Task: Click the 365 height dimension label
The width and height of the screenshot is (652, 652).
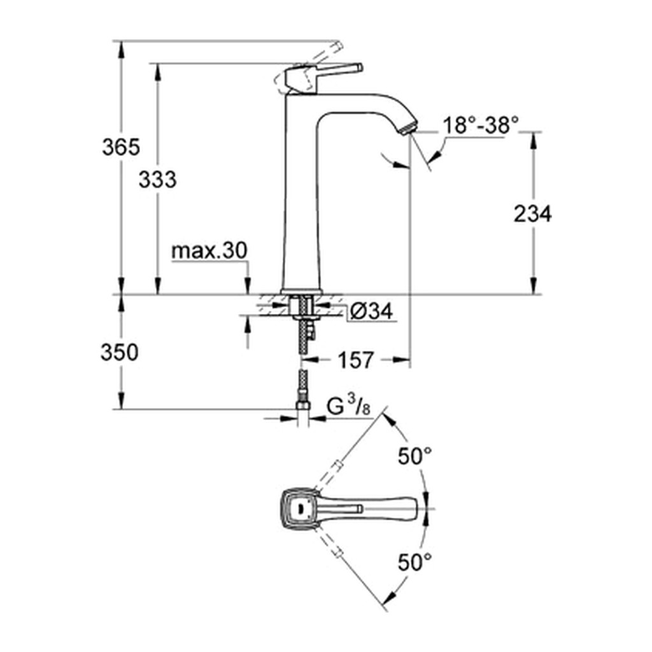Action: (121, 147)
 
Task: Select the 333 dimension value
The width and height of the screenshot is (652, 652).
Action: (158, 180)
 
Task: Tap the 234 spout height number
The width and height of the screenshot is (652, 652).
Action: (532, 214)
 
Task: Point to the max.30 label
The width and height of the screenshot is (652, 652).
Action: (209, 251)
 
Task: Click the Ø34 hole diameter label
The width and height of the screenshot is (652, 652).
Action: (371, 311)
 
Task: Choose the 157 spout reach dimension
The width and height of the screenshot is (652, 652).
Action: (356, 360)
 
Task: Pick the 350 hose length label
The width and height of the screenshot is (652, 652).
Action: (119, 353)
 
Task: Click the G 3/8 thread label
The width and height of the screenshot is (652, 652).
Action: (348, 406)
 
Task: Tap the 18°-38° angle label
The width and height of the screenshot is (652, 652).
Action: (481, 125)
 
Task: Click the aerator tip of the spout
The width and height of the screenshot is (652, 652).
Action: (407, 127)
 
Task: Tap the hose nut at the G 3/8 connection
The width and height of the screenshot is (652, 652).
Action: (302, 406)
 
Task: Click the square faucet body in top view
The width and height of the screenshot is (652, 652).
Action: (301, 509)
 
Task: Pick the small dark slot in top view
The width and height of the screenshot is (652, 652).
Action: (299, 508)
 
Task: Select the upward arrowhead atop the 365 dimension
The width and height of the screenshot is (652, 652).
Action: (121, 50)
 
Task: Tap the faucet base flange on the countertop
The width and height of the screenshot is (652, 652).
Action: (301, 292)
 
